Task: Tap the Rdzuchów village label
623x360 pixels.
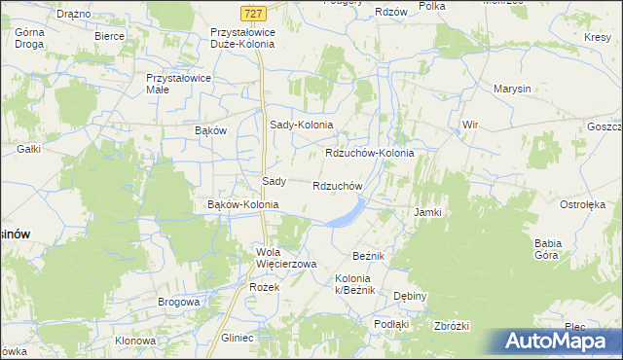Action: pyautogui.click(x=338, y=186)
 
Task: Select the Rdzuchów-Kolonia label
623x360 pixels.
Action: pyautogui.click(x=369, y=154)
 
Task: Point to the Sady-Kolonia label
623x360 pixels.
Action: pyautogui.click(x=301, y=126)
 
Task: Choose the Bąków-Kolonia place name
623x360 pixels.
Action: pyautogui.click(x=243, y=205)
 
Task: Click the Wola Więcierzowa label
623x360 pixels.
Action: pyautogui.click(x=286, y=258)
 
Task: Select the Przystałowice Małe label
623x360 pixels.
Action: pyautogui.click(x=171, y=83)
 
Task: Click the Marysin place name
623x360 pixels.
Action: pyautogui.click(x=512, y=89)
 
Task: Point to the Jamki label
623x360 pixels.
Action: pyautogui.click(x=427, y=212)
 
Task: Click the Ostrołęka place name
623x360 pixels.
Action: pyautogui.click(x=582, y=205)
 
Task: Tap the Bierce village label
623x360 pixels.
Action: pyautogui.click(x=109, y=36)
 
